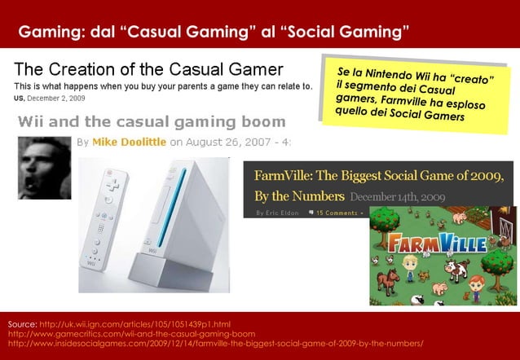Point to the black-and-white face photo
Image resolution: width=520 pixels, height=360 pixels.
[x=44, y=167]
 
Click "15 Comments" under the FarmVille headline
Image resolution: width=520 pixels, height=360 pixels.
[x=336, y=213]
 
